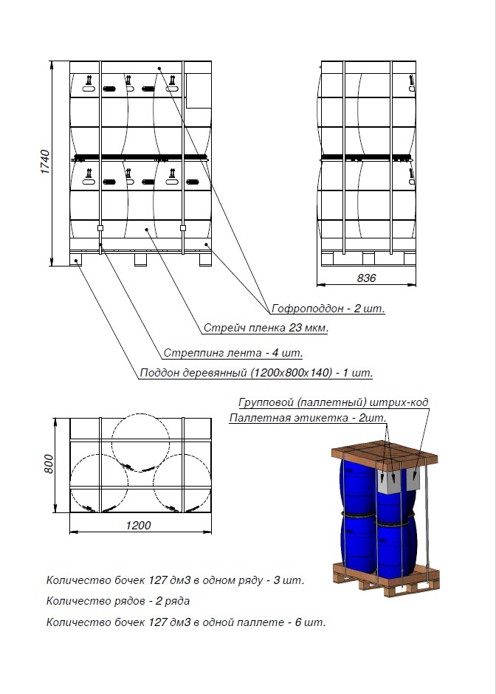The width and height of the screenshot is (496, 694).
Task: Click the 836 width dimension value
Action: point(366,278)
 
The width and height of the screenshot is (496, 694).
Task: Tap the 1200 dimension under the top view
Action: point(138,526)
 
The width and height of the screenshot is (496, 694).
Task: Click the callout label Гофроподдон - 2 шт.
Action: point(328,308)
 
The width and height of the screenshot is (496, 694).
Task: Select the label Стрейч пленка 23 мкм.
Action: point(266,328)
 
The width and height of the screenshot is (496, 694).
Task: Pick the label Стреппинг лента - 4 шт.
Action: point(233,353)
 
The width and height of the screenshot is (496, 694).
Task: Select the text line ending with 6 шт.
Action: point(185,622)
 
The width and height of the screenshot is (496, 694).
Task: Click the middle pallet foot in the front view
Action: point(140,259)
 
